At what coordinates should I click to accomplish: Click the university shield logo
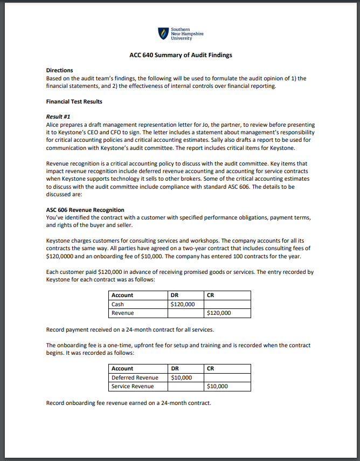[163, 34]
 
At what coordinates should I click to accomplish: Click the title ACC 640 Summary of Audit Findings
[181, 55]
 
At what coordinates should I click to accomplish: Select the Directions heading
[59, 71]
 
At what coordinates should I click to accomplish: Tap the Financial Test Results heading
[74, 101]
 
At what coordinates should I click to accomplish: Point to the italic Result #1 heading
[58, 116]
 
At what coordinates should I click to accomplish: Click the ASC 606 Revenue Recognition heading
[85, 210]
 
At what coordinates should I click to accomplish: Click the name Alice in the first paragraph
[53, 125]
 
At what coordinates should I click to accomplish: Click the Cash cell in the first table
[117, 304]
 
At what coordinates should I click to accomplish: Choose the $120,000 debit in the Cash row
[182, 304]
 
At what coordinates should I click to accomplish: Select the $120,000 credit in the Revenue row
[219, 313]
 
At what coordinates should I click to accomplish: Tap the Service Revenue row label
[133, 386]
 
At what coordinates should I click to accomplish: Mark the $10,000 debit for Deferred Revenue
[181, 377]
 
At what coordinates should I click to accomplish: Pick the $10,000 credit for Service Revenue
[217, 386]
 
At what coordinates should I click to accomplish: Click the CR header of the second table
[210, 368]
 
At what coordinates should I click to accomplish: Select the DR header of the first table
[174, 295]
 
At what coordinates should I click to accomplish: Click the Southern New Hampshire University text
[186, 34]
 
